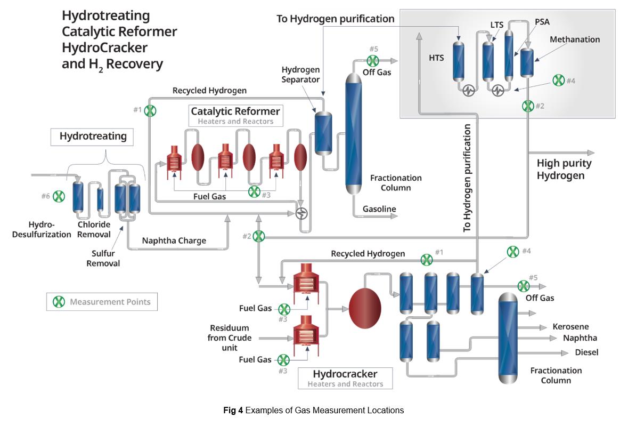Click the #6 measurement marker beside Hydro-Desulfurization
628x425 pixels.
59,196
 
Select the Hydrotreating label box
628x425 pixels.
93,137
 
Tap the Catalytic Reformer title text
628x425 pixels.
235,111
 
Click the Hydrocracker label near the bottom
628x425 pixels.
345,374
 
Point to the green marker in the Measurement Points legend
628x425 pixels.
59,302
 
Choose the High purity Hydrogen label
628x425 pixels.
564,170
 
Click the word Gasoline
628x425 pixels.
379,210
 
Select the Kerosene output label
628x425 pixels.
570,327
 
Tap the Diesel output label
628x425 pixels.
586,352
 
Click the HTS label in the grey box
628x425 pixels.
436,58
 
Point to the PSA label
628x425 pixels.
542,22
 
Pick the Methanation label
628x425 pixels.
574,39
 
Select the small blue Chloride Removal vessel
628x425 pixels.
100,199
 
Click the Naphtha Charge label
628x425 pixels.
174,240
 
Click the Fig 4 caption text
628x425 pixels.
313,410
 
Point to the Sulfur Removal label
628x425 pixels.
103,259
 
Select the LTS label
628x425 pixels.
496,25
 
